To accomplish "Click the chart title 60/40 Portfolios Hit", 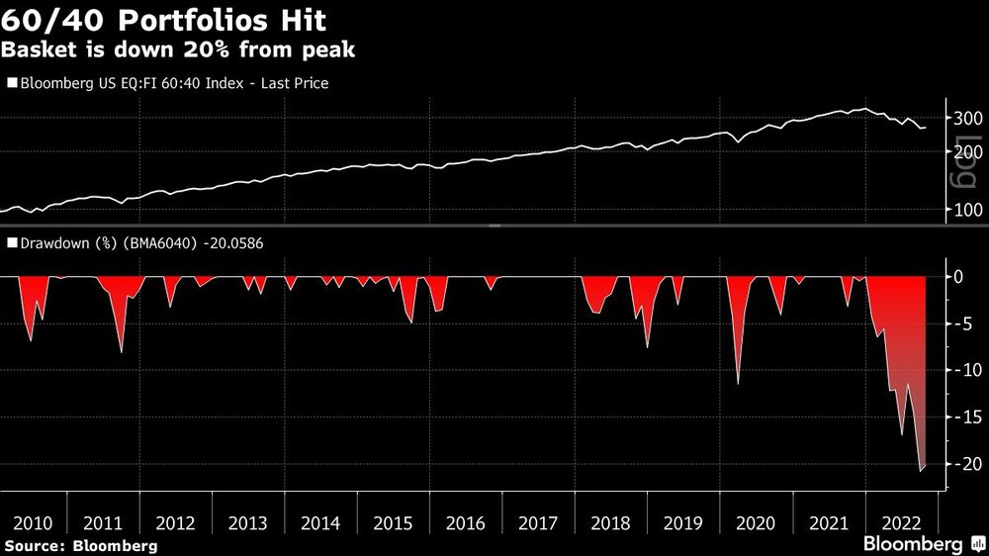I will click(x=164, y=20).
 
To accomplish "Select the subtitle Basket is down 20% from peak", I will click(x=179, y=49).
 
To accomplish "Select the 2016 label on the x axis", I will click(x=467, y=523).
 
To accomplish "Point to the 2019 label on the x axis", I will click(x=682, y=523).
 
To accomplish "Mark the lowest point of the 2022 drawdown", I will click(x=921, y=471).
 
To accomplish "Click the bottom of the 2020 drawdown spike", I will click(x=738, y=384).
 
